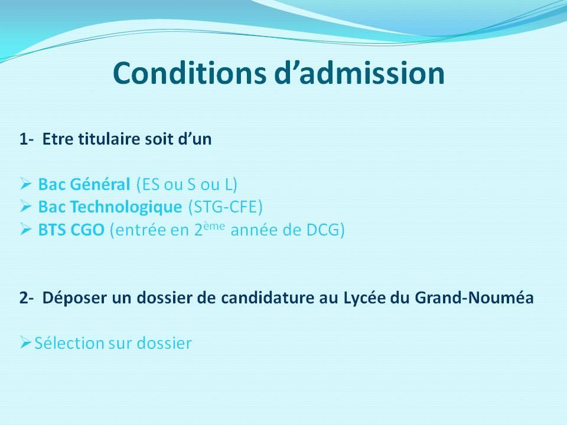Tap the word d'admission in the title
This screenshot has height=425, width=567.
(x=360, y=73)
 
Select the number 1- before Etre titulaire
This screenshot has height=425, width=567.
(x=27, y=139)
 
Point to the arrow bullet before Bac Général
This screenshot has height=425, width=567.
(x=26, y=184)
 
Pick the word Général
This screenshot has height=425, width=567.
(x=100, y=184)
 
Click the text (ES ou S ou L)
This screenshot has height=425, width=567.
(x=187, y=184)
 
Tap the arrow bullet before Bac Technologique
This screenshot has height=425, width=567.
(x=26, y=207)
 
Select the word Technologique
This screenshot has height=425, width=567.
(x=126, y=207)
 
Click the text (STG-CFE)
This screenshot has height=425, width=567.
(x=225, y=207)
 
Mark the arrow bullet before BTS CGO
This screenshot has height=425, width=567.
(x=26, y=230)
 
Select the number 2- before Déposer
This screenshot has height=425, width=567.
(x=27, y=297)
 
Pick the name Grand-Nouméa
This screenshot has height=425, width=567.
(x=474, y=297)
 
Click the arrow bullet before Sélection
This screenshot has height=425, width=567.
(x=26, y=342)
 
